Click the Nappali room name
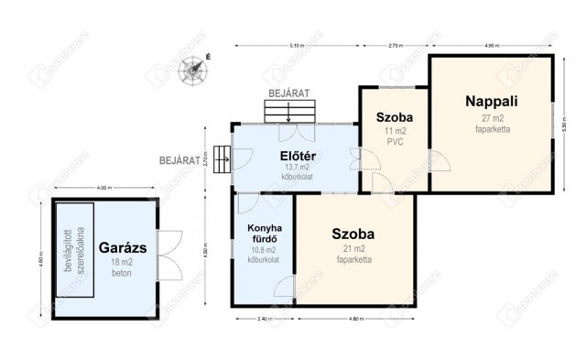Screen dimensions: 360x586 pyautogui.click(x=490, y=103)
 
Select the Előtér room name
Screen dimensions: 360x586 pyautogui.click(x=293, y=155)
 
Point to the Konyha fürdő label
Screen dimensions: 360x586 pyautogui.click(x=263, y=234)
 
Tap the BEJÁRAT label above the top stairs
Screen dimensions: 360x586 pyautogui.click(x=289, y=93)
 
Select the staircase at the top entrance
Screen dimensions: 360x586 pyautogui.click(x=289, y=111)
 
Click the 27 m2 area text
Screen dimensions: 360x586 pyautogui.click(x=492, y=119)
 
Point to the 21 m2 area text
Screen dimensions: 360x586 pyautogui.click(x=353, y=249)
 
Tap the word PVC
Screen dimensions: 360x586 pyautogui.click(x=395, y=142)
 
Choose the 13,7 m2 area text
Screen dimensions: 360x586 pyautogui.click(x=293, y=168)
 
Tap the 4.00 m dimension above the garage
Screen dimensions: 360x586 pyautogui.click(x=103, y=189)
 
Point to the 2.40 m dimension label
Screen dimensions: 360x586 pyautogui.click(x=263, y=319)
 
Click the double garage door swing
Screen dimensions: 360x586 pyautogui.click(x=169, y=255)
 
